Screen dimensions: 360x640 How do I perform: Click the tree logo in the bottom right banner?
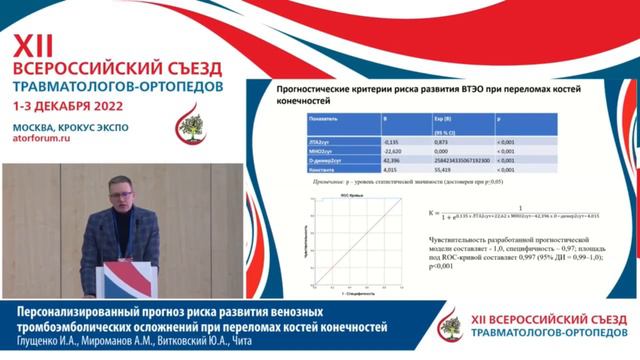(x=451, y=325)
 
